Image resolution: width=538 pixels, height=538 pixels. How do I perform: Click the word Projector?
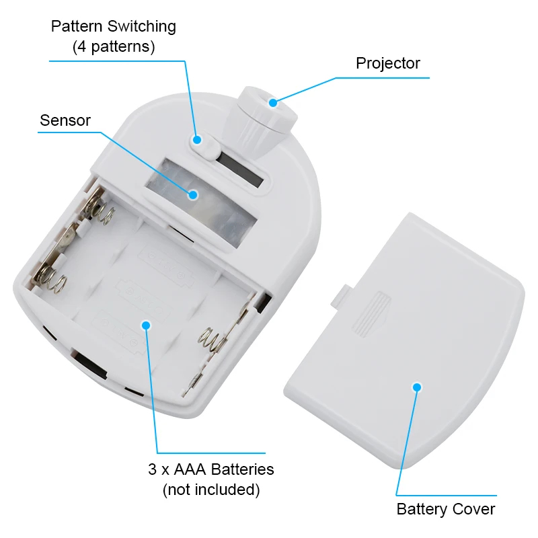tap(388, 63)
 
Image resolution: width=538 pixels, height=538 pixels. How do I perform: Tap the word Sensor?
tap(65, 120)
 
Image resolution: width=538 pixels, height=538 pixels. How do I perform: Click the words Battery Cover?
tap(446, 509)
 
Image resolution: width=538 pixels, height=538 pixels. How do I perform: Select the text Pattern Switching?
tap(114, 27)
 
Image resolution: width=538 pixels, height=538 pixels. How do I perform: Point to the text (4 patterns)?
tap(114, 46)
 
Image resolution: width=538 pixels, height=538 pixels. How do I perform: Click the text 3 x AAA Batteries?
tap(211, 469)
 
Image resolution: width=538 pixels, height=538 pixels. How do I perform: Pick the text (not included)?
tap(211, 490)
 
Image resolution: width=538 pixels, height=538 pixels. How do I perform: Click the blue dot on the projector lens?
tap(273, 103)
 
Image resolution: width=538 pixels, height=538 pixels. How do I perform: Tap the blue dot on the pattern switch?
tap(197, 140)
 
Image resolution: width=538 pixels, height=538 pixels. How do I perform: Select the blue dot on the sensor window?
tap(193, 195)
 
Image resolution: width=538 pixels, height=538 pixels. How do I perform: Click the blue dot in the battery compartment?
tap(146, 325)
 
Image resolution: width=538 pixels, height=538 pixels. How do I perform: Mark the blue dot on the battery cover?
tap(417, 387)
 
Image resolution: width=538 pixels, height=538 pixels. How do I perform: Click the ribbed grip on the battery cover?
tap(372, 315)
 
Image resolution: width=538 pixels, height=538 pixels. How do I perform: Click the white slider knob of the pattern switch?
tap(206, 147)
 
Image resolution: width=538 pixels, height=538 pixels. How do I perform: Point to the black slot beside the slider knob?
tap(240, 169)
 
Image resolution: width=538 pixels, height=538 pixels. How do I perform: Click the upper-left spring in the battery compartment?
tap(100, 208)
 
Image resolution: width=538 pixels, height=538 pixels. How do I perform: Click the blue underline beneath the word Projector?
tap(383, 78)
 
